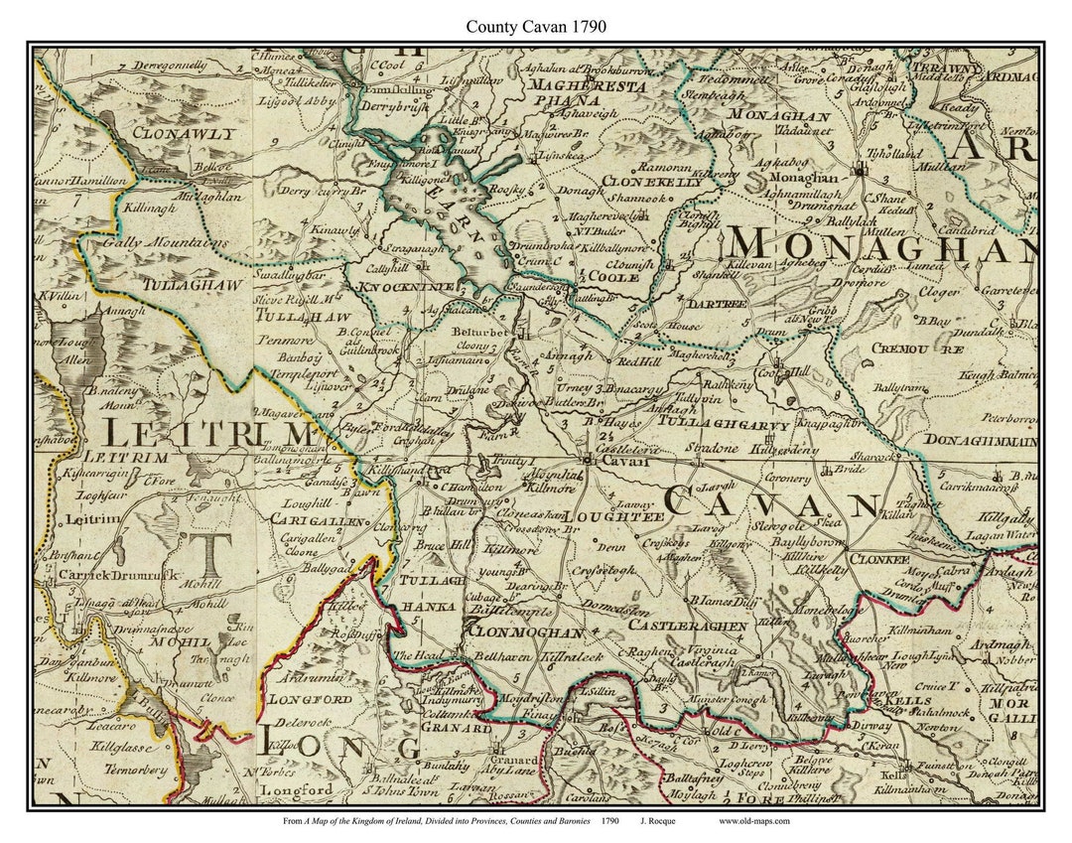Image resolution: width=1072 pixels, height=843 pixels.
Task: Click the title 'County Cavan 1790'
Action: (x=536, y=27)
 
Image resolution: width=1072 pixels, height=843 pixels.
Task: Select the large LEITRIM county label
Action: (x=209, y=435)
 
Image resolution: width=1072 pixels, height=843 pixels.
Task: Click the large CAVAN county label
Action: (x=770, y=503)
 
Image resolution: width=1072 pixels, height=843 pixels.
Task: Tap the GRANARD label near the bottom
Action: (x=458, y=728)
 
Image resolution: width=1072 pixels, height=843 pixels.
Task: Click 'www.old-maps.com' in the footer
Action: (x=754, y=820)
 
